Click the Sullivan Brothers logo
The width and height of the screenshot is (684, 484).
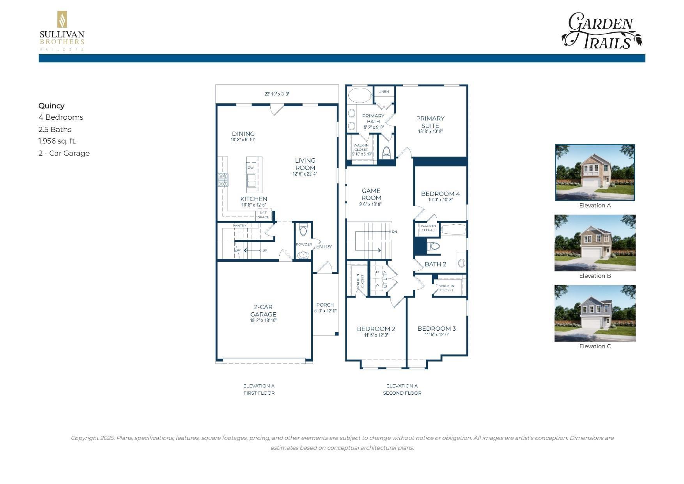(62, 31)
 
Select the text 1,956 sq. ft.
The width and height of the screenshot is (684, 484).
(57, 141)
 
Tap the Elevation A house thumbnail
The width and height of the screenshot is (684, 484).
(595, 172)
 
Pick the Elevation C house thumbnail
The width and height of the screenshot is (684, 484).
(595, 313)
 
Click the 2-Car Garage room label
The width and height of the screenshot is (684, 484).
(263, 310)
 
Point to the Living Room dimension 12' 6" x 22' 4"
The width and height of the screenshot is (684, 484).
(305, 174)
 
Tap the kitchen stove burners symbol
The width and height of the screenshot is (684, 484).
(223, 180)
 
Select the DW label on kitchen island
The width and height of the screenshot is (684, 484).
(251, 168)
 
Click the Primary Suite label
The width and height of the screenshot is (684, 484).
(430, 122)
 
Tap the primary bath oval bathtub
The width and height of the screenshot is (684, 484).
(360, 95)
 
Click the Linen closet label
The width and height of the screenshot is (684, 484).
(384, 92)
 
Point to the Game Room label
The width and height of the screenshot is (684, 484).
(371, 194)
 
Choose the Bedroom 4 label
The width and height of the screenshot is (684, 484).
(440, 193)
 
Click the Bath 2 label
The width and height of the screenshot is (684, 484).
(435, 264)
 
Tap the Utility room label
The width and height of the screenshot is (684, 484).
(385, 279)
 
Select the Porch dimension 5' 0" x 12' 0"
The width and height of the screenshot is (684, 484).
(325, 311)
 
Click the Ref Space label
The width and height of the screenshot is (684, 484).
(263, 215)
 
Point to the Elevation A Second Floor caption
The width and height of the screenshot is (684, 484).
(402, 389)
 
